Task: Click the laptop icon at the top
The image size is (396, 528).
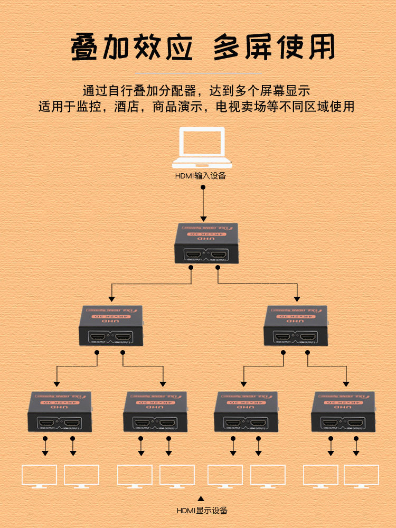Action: click(203, 147)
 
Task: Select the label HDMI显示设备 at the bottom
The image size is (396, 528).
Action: click(202, 510)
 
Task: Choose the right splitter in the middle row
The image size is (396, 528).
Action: click(295, 325)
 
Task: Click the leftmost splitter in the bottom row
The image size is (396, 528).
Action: click(59, 412)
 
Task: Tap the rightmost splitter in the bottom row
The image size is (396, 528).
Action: click(343, 412)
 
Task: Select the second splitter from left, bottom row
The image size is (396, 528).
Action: click(155, 412)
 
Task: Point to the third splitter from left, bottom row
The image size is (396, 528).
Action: click(247, 412)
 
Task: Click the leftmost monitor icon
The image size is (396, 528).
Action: click(39, 476)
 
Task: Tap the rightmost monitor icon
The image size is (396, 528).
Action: click(361, 476)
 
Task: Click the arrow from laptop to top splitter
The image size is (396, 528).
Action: click(203, 203)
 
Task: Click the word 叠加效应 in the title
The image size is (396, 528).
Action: click(131, 48)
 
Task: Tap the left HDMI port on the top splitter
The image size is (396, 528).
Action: click(193, 256)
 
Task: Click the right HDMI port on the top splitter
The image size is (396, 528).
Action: click(218, 256)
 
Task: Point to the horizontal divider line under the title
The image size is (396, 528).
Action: click(197, 73)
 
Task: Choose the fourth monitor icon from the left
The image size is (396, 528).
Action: click(177, 476)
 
